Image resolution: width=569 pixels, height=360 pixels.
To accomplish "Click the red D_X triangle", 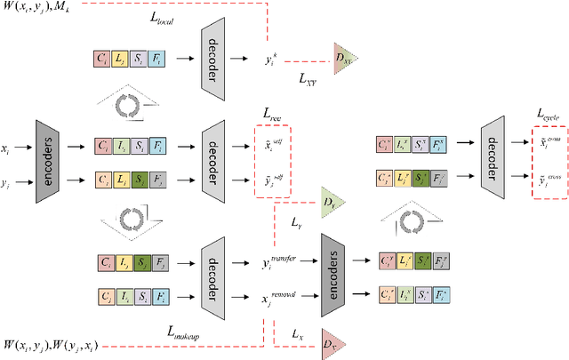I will (330, 343).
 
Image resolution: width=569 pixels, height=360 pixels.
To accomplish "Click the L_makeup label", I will (186, 330).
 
